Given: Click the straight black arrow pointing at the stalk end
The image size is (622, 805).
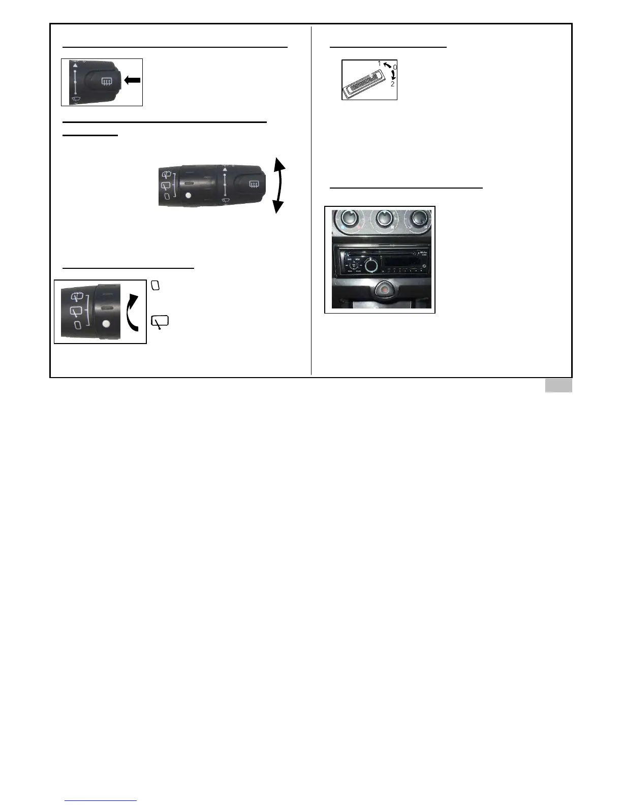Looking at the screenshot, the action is point(132,80).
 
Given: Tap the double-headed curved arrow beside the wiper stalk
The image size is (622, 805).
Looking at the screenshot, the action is point(278,185).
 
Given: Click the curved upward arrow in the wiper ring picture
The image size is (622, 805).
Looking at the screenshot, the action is point(132,312).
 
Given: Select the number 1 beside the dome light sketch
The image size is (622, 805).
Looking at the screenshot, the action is point(379,63).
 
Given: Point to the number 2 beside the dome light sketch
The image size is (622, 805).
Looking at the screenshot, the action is point(393,84).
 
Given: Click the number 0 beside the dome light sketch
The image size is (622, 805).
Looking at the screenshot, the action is point(395,67).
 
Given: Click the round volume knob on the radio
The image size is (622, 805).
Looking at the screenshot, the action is point(371,265).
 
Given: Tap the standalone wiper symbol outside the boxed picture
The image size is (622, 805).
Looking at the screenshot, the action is point(160,322).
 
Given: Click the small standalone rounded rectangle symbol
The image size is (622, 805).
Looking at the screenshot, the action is point(155,286).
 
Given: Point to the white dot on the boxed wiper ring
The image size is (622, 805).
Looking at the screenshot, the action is point(106,324).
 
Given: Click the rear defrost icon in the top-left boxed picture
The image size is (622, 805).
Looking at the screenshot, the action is point(106,80).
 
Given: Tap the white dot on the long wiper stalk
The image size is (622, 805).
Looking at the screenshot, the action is point(189,196).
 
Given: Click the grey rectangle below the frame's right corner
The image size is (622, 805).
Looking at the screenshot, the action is point(558,386).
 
